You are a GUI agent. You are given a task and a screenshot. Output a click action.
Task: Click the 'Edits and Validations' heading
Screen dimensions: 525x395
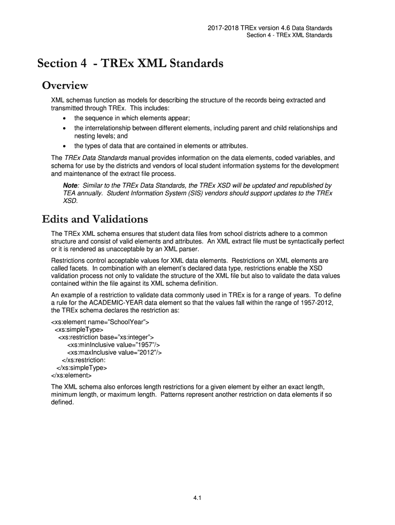click(95, 219)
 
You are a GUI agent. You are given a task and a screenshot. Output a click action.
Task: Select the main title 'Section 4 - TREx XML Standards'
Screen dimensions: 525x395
click(130, 63)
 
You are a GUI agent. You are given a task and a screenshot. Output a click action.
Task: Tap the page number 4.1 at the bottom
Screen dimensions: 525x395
click(197, 496)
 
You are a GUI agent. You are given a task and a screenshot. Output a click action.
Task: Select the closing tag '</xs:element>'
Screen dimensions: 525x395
click(71, 375)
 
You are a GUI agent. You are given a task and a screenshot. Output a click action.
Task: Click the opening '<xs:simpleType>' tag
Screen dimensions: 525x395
click(79, 329)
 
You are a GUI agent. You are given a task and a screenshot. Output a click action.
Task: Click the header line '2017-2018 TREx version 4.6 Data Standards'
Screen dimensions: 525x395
click(268, 28)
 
